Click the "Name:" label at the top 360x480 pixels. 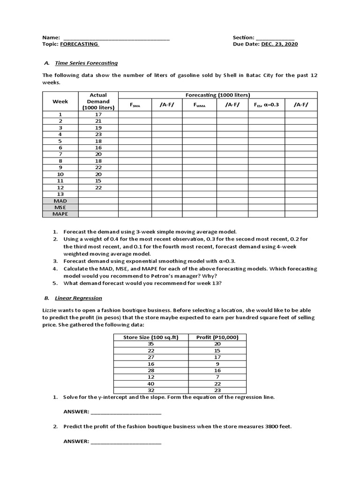[x=51, y=37]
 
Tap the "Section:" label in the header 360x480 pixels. [x=243, y=37]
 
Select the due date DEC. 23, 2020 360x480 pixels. [x=279, y=44]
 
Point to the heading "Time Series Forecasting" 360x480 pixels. [x=86, y=63]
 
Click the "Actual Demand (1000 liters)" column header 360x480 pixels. [x=98, y=101]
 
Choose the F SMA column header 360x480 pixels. [x=135, y=105]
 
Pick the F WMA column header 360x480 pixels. [x=199, y=105]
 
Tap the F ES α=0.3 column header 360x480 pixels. [x=266, y=105]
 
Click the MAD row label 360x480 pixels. [x=60, y=201]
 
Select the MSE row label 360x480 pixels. [x=60, y=207]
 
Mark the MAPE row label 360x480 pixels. [x=60, y=214]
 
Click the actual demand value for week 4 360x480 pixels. [x=98, y=134]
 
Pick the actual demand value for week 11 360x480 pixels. [x=98, y=180]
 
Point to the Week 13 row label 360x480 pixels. [x=60, y=194]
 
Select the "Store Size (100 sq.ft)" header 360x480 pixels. [x=151, y=337]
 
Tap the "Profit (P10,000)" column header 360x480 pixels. [x=217, y=337]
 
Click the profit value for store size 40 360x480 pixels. [x=217, y=383]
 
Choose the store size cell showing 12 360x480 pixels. [x=151, y=377]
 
